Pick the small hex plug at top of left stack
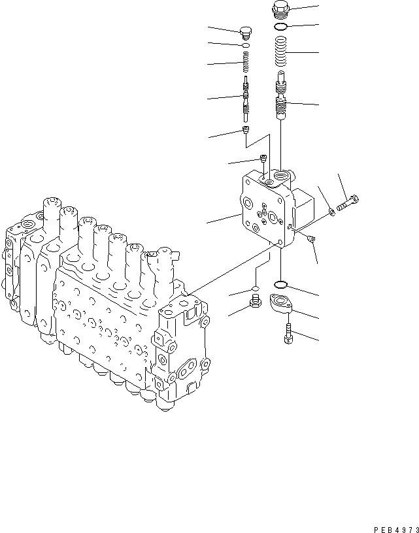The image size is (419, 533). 246,33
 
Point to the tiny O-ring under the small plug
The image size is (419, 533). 246,47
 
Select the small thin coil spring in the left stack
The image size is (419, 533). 246,63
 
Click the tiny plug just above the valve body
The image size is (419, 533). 263,158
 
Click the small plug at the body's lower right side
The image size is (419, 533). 312,238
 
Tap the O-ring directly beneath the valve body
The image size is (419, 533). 281,284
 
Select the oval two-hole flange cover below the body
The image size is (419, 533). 286,307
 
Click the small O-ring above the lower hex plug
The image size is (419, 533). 256,288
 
